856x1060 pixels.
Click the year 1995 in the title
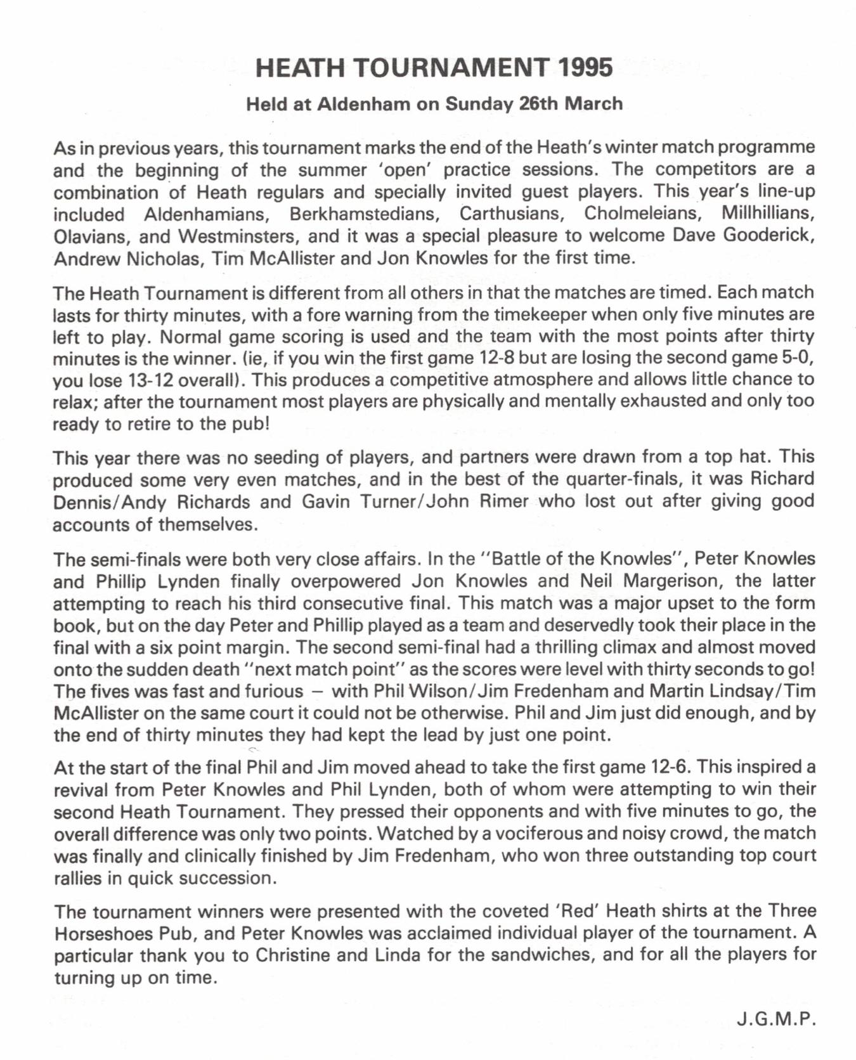coord(586,68)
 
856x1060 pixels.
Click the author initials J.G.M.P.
coord(776,1019)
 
